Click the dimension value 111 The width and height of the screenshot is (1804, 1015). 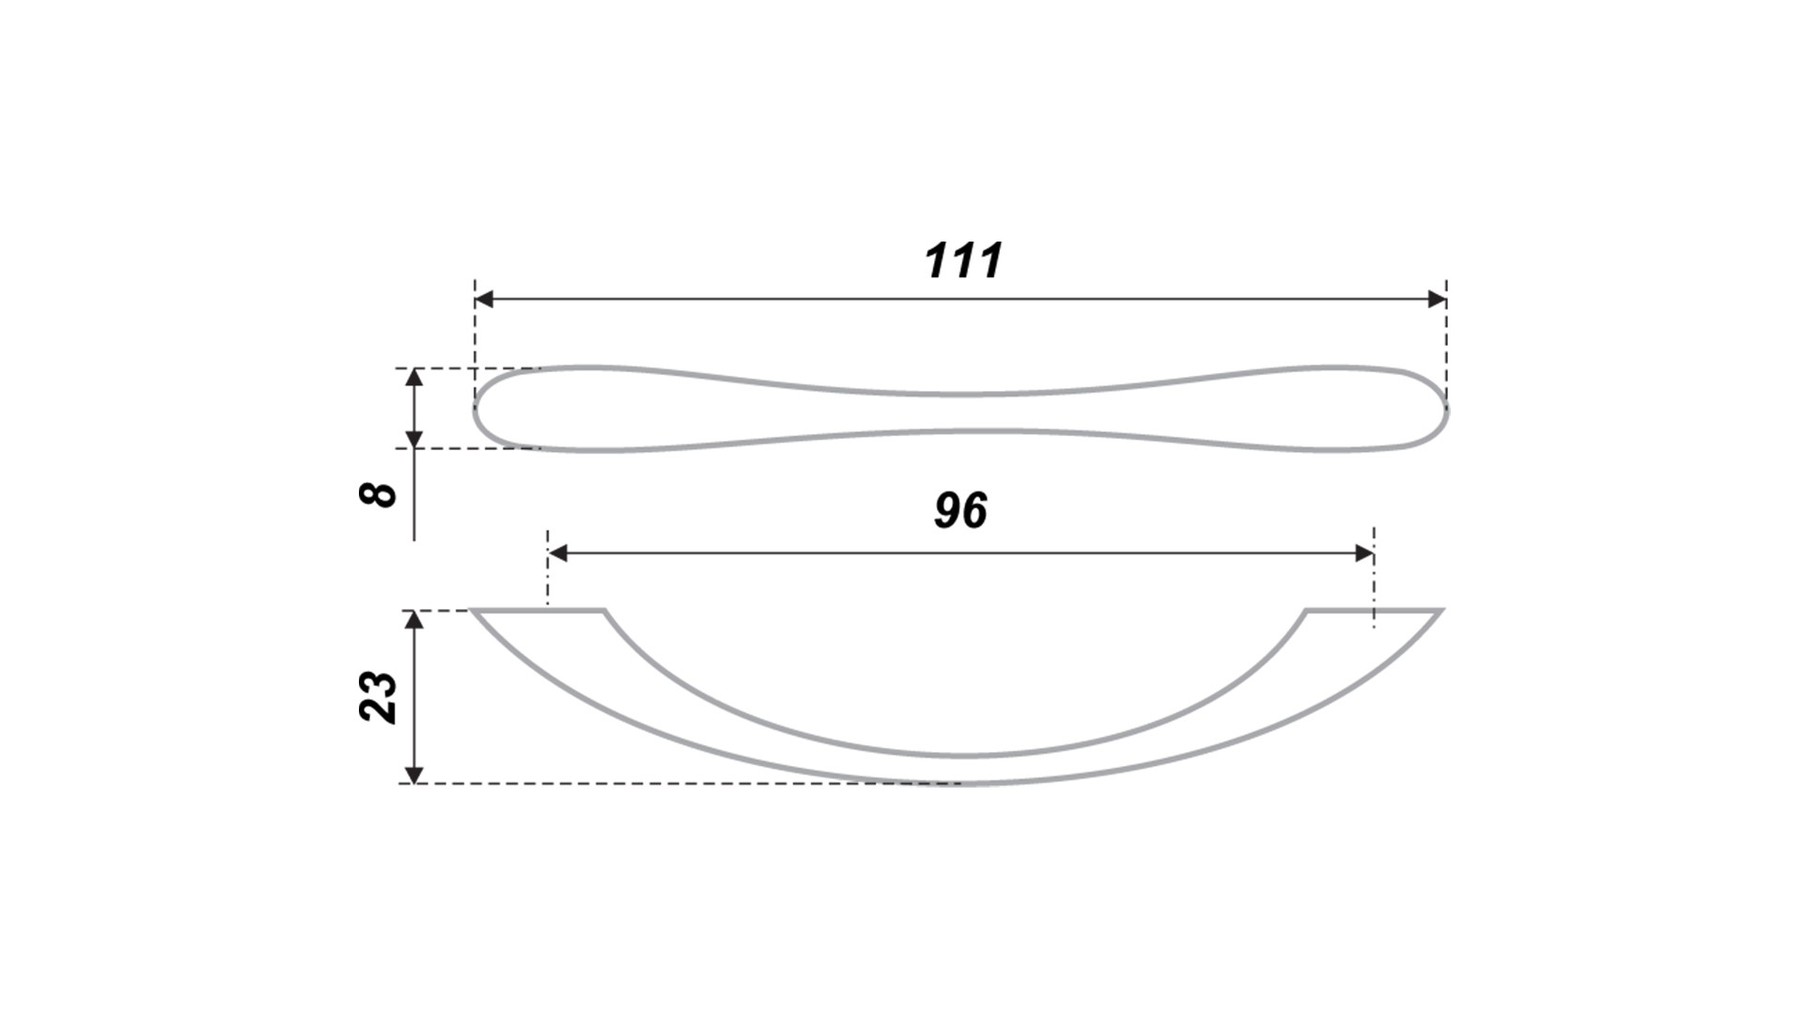point(964,261)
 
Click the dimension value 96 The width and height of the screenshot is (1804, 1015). point(961,510)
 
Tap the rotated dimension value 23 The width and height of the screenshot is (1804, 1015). point(379,696)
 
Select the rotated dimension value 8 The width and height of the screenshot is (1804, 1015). point(379,494)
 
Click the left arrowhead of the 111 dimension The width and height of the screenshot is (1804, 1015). point(485,299)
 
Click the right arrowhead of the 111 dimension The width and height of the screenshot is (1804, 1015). point(1437,299)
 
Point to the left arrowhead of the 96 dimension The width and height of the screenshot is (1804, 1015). point(558,554)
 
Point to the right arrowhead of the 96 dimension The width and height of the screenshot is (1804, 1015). point(1364,554)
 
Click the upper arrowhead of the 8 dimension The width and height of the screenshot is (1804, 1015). point(413,378)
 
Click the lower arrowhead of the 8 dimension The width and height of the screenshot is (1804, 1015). point(413,438)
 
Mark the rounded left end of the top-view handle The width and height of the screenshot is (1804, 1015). point(476,409)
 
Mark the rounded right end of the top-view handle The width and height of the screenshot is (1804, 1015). point(1445,409)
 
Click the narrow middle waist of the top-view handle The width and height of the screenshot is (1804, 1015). point(961,413)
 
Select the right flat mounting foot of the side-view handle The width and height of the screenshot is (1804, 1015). point(1374,611)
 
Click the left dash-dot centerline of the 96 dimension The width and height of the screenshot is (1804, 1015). point(548,568)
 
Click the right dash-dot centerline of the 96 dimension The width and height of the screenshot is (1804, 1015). point(1374,576)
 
